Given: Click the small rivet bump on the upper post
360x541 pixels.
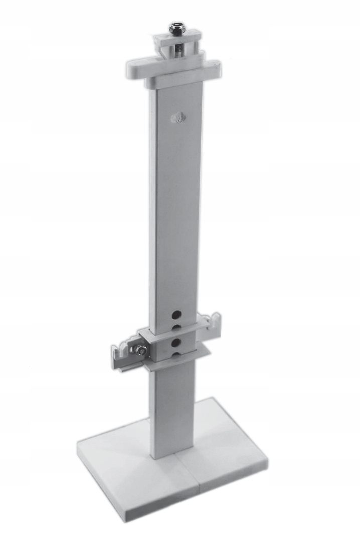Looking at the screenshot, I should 177,118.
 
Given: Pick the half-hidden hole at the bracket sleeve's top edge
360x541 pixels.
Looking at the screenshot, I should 176,328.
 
